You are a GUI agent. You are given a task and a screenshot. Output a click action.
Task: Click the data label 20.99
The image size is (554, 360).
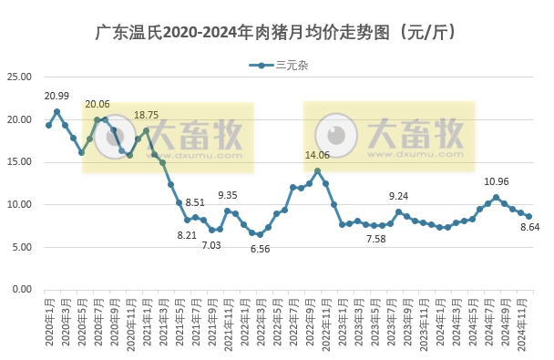(56, 97)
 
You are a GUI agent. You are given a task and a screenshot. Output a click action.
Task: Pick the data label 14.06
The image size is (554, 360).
(317, 156)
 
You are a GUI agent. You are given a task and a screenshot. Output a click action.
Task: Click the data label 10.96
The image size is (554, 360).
(497, 182)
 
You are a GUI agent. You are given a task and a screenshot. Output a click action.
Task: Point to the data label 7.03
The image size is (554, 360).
(211, 245)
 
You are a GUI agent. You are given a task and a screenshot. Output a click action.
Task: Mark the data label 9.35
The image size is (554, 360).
(228, 195)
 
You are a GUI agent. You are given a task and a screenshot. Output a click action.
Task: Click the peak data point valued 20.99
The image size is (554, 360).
(56, 112)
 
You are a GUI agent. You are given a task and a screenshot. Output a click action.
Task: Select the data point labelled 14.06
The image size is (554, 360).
(317, 170)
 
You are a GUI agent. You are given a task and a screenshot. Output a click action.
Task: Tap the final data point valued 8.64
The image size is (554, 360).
(528, 216)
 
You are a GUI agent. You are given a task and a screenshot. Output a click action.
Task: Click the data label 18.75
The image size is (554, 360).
(146, 116)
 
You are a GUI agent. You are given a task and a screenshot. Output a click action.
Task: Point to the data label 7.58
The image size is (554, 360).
(374, 239)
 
